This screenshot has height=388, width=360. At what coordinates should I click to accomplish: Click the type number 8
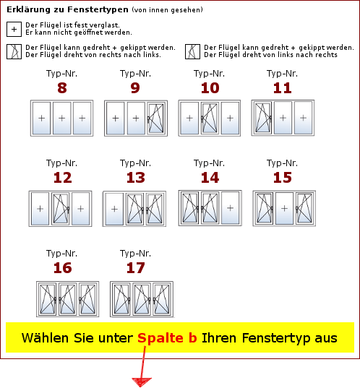62,88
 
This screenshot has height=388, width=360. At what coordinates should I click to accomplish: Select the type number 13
135,178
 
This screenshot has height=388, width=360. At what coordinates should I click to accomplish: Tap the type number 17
135,268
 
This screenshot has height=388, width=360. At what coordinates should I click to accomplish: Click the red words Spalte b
167,338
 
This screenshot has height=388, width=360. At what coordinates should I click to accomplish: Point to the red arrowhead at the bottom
142,381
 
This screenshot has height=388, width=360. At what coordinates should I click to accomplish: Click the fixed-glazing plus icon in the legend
14,29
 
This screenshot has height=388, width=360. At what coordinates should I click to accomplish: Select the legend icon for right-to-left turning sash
14,52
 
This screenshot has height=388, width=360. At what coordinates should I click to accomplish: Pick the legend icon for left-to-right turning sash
192,52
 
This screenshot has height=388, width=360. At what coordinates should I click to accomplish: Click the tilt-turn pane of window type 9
156,118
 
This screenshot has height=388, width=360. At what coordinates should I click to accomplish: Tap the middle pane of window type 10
210,118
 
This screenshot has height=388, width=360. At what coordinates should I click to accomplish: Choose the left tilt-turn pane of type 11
263,118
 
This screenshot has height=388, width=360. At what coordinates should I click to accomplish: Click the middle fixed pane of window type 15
285,208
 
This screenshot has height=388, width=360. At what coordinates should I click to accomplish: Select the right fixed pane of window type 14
231,208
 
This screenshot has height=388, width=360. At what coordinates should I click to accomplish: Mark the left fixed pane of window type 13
114,209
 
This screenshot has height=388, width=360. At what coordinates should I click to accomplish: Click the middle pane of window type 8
62,118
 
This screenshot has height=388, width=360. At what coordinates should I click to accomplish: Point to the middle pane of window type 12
61,209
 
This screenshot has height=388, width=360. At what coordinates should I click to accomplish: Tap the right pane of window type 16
87,299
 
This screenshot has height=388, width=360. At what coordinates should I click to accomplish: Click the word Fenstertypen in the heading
98,9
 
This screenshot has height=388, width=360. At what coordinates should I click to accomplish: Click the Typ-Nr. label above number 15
282,163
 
